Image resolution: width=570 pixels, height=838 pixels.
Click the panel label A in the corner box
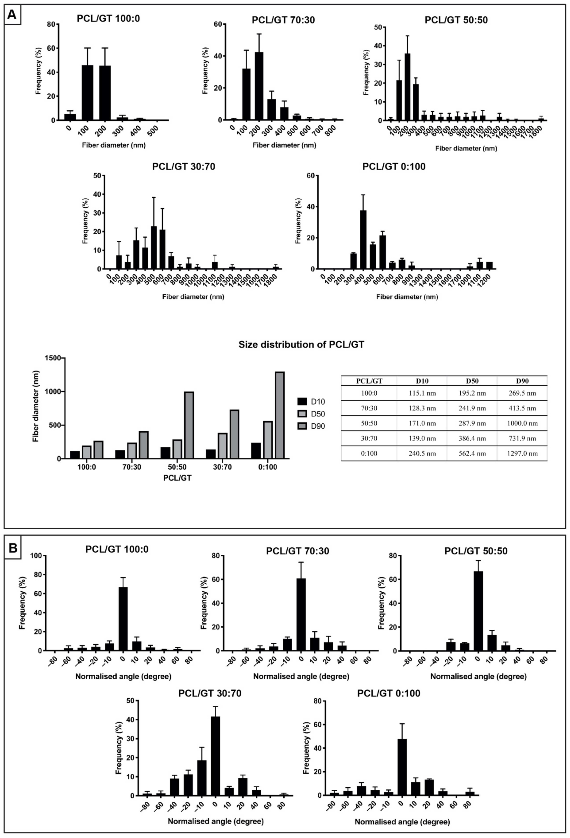[x=12, y=14]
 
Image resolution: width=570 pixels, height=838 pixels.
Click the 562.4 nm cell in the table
[x=472, y=453]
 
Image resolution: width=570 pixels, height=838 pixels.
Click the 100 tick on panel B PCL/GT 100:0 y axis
[x=36, y=556]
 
